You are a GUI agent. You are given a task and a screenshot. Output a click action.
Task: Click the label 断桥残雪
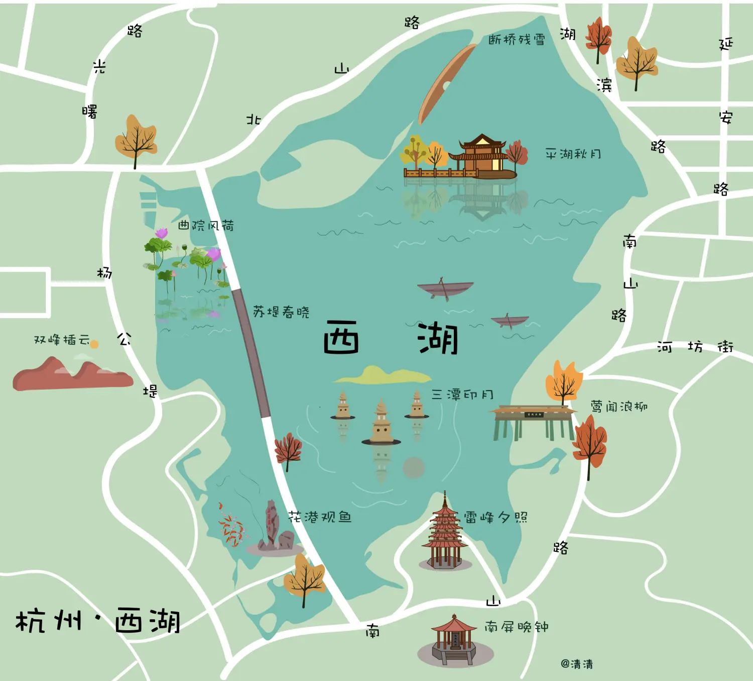pos(517,39)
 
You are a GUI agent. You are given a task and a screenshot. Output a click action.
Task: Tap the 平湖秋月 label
pos(573,154)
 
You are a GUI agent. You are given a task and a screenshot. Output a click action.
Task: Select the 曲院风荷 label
pos(206,225)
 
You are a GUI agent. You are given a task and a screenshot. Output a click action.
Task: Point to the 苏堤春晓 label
pos(281,312)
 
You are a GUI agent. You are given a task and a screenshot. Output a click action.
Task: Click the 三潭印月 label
pos(462,395)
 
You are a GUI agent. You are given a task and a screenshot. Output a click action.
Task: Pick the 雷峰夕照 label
pos(495,517)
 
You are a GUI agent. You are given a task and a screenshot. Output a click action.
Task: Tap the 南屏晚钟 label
pos(516,627)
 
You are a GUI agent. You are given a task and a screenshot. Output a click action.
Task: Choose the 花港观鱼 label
pos(320,517)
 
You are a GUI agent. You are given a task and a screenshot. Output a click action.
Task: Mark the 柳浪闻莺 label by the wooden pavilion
pos(618,406)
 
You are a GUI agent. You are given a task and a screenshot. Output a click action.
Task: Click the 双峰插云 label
pos(61,340)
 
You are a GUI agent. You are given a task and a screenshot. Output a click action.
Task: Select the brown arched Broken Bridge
pos(445,83)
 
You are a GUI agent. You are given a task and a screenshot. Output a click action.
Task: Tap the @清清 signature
pos(577,664)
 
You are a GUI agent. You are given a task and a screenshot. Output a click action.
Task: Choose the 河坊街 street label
pos(695,347)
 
